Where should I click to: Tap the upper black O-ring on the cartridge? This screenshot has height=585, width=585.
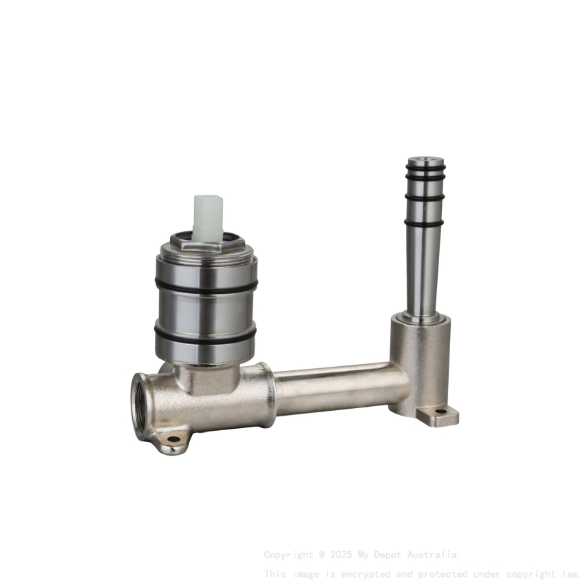tap(206, 285)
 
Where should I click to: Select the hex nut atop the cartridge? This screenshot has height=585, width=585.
tap(206, 246)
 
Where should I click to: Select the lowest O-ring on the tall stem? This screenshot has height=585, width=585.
tap(425, 198)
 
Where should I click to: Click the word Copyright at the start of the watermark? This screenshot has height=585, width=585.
tap(288, 554)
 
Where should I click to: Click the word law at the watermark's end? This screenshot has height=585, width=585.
tap(570, 573)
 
